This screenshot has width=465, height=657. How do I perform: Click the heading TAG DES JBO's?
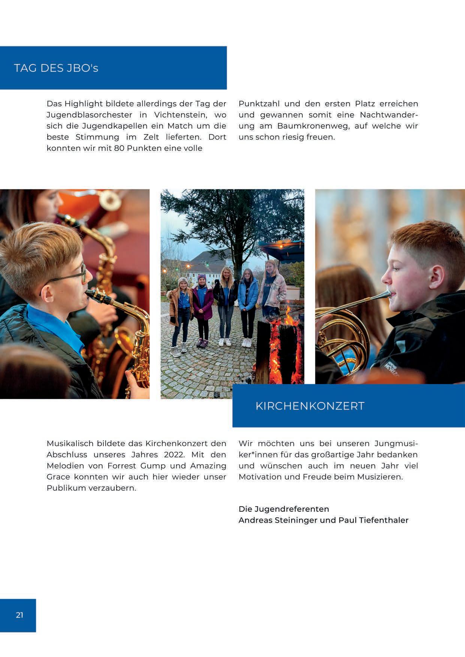point(56,69)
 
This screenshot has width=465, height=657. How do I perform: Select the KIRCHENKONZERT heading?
point(310,406)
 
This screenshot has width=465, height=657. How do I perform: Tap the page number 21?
point(19,615)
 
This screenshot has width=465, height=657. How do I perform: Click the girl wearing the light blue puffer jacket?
point(248,296)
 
